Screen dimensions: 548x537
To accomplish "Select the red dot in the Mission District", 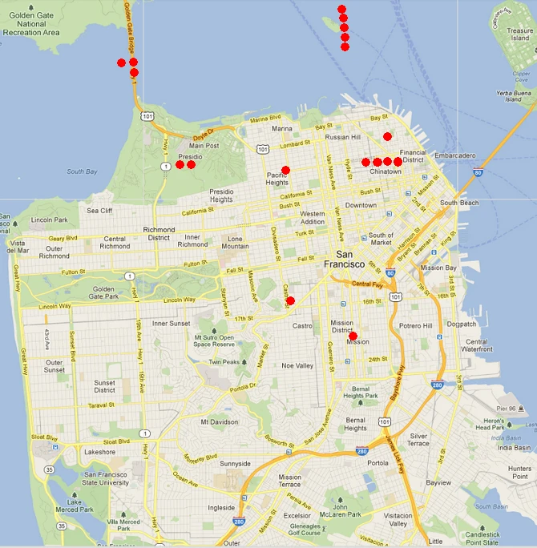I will click(x=353, y=336).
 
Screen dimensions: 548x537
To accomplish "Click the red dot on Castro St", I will click(x=290, y=301).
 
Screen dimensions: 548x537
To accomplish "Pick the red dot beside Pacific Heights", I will click(x=285, y=170).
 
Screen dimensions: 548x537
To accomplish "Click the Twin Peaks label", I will click(x=225, y=362).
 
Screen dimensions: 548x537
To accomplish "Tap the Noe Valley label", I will click(x=297, y=365).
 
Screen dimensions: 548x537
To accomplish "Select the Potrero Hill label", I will click(x=416, y=326).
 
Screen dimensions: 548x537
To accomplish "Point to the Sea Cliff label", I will click(x=100, y=211).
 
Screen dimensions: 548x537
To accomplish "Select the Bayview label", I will click(x=438, y=483).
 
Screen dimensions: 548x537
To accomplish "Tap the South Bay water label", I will click(x=81, y=171).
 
